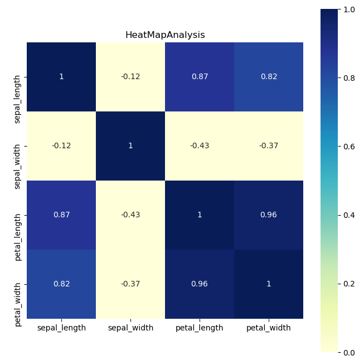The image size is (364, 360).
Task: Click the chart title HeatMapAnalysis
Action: tap(164, 35)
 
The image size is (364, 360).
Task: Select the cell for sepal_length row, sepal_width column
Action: tap(130, 76)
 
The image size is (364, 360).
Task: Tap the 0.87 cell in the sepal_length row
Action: tap(200, 76)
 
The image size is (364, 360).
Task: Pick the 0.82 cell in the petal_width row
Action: tap(61, 284)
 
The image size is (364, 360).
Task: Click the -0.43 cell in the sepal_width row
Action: tap(200, 145)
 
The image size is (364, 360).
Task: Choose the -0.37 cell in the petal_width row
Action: tap(130, 284)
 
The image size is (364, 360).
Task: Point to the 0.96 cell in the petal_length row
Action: tap(269, 215)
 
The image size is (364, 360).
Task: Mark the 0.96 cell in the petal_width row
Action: tap(200, 284)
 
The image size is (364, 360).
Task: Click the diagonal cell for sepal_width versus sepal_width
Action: tap(130, 145)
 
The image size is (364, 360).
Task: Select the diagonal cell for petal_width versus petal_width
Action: tap(269, 284)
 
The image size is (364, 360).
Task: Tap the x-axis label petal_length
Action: tap(200, 328)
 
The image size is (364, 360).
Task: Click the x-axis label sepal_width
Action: tap(130, 328)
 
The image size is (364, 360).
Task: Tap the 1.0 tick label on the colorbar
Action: tap(349, 9)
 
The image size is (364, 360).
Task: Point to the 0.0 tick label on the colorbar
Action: tap(349, 352)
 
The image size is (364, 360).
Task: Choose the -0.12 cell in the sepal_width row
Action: tap(61, 145)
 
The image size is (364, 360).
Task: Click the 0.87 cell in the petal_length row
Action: tap(61, 215)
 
